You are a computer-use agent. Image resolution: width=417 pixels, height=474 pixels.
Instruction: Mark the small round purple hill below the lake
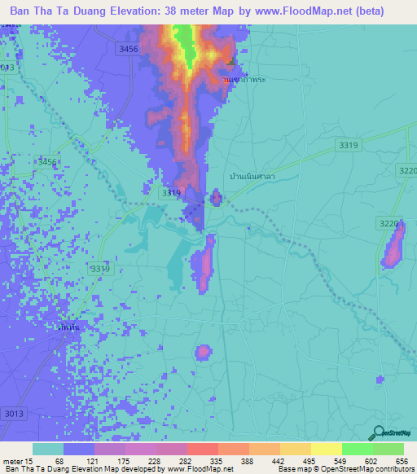(x=202, y=352)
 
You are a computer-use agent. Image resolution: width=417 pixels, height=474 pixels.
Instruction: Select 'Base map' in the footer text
(x=292, y=469)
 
